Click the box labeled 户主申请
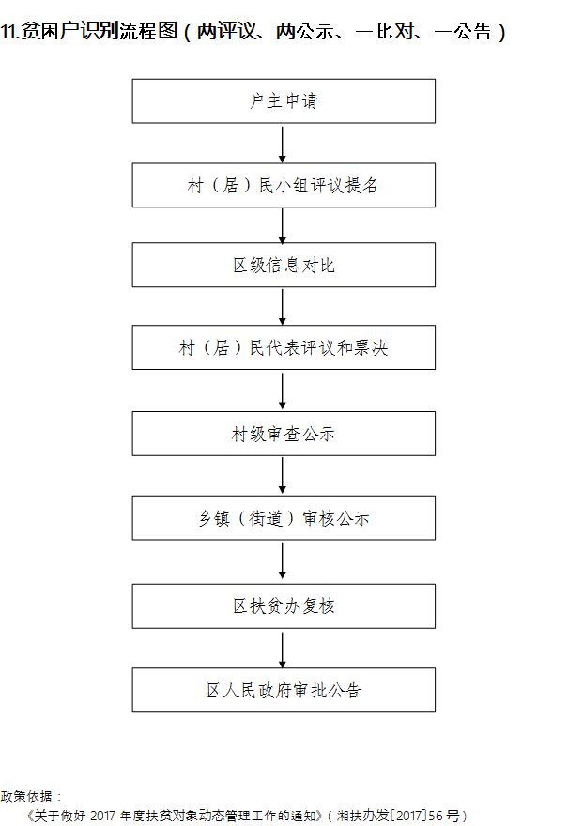point(284,101)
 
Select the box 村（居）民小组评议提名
point(284,185)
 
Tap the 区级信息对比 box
point(284,265)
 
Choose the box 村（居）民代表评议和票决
point(284,347)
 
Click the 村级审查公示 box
point(284,434)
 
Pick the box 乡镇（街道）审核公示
point(284,518)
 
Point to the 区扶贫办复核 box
point(284,605)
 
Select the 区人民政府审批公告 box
point(284,690)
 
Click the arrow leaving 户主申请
point(283,144)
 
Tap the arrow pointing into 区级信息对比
point(283,226)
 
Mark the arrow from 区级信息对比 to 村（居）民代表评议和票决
point(283,307)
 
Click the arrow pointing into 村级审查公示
point(283,390)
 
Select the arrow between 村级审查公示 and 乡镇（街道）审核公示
point(283,475)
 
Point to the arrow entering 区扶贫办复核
point(283,561)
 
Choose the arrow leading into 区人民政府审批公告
point(283,650)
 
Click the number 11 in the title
point(8,32)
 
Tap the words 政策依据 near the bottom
point(26,796)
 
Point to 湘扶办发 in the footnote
point(362,816)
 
